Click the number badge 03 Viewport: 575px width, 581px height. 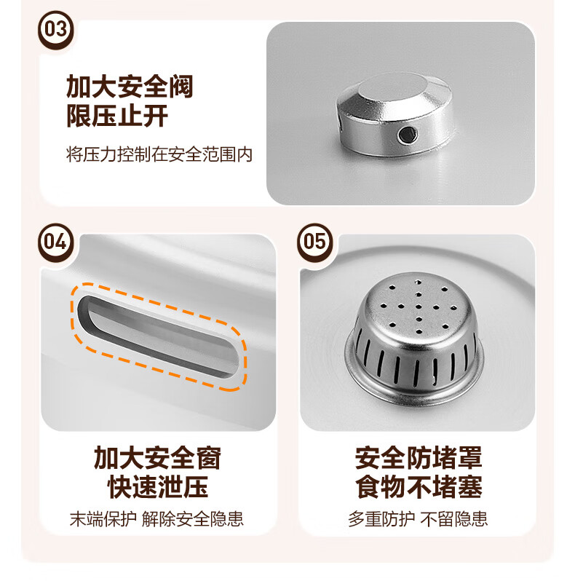click(56, 30)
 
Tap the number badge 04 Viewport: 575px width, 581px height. click(56, 242)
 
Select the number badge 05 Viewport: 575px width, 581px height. click(315, 242)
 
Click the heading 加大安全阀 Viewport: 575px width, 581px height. click(130, 87)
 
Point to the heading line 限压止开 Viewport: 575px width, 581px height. click(117, 116)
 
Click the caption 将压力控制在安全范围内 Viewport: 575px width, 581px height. click(159, 154)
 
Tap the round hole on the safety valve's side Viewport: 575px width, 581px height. click(408, 135)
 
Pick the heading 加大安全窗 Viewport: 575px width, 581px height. click(158, 459)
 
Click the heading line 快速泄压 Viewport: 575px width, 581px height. click(158, 487)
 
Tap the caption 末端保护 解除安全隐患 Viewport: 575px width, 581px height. click(156, 518)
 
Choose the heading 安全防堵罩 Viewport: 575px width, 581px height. click(419, 459)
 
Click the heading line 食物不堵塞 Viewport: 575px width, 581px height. click(419, 487)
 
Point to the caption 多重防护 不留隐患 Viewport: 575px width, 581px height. click(418, 518)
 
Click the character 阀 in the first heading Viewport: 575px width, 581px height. click(181, 87)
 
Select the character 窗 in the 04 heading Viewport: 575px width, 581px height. click(209, 459)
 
